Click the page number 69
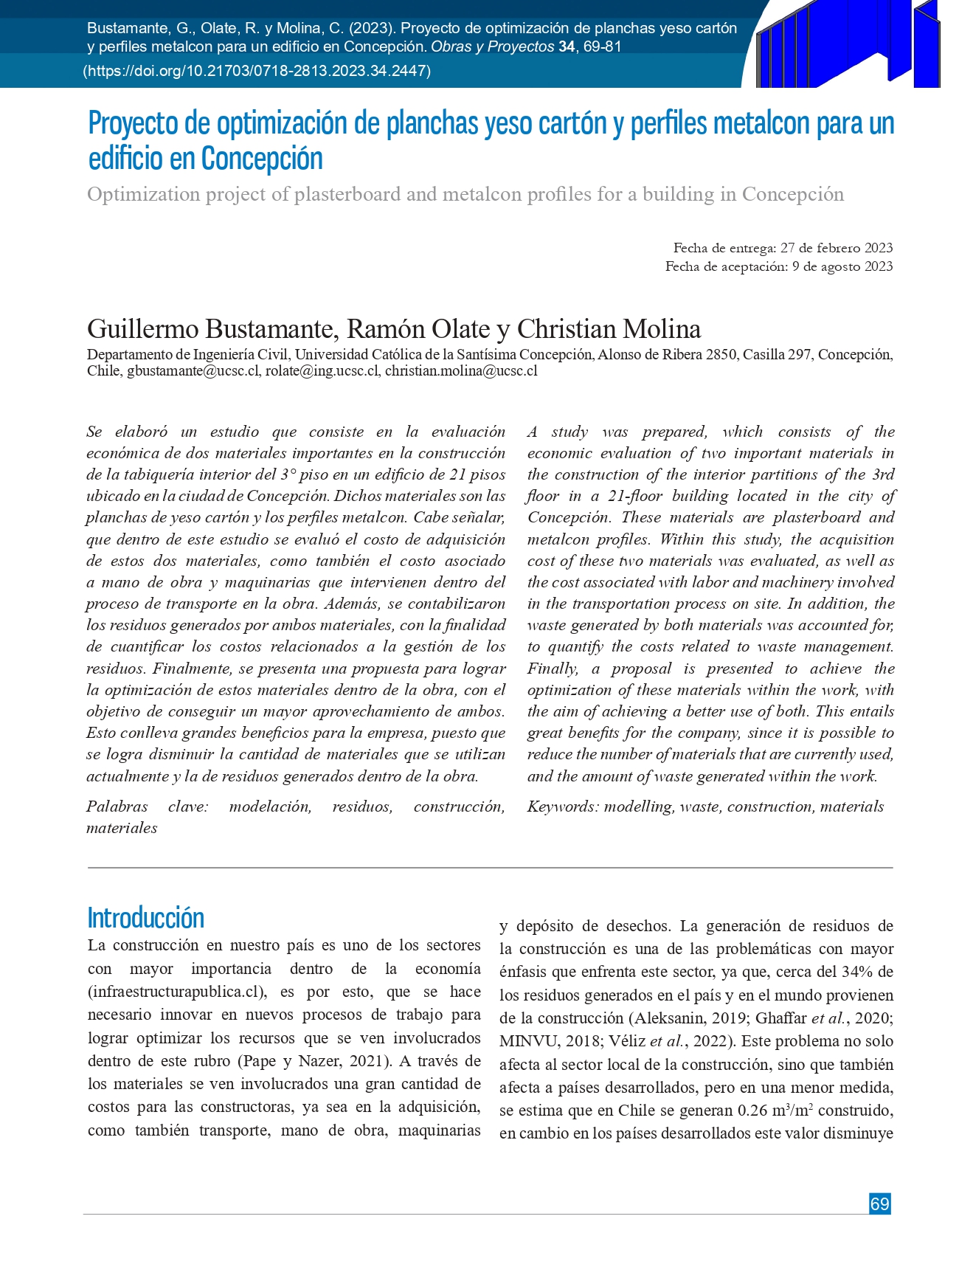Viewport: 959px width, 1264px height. pos(879,1203)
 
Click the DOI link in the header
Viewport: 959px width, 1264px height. pos(257,71)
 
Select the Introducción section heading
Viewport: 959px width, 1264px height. pos(145,918)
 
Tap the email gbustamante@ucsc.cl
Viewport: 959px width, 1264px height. pos(193,371)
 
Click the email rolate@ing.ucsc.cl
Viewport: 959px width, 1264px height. pos(322,371)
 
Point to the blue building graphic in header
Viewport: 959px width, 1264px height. pos(848,44)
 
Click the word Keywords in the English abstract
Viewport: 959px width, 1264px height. pos(561,807)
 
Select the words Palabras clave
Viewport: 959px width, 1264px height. pos(147,807)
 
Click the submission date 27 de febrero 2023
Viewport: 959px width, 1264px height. pos(836,248)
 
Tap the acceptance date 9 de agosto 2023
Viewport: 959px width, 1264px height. pos(842,266)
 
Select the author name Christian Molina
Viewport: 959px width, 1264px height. pos(609,329)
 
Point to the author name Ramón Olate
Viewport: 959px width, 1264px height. pos(418,329)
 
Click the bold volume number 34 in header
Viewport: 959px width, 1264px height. pos(566,46)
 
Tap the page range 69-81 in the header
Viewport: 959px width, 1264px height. pos(602,46)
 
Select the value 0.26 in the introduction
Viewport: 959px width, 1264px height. pos(752,1111)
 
